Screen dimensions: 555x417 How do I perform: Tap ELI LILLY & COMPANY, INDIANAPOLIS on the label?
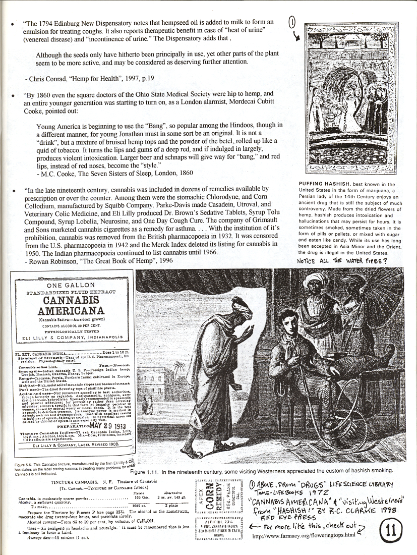coord(74,334)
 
